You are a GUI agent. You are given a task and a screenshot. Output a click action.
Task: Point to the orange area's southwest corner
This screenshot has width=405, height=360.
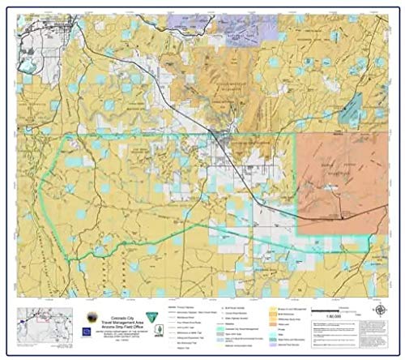301,232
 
